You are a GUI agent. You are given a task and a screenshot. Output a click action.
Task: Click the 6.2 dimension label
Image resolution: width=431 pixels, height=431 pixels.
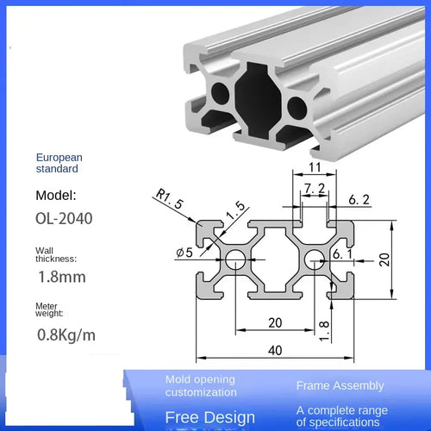click(x=360, y=200)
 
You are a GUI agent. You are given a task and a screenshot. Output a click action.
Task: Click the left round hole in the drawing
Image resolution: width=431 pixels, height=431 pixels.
click(x=234, y=256)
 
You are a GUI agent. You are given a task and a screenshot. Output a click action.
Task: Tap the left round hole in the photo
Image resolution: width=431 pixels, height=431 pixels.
click(x=220, y=94)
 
